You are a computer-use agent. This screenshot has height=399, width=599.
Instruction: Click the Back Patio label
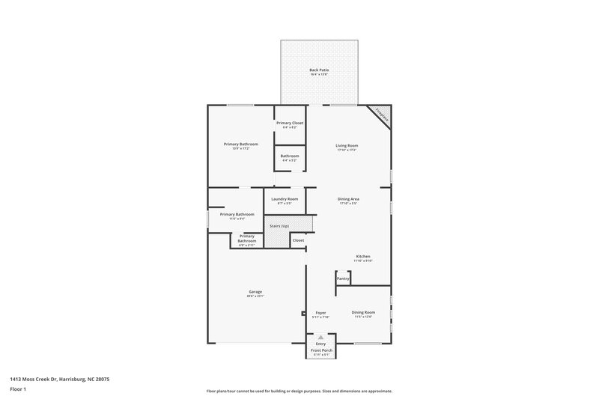[x=319, y=70]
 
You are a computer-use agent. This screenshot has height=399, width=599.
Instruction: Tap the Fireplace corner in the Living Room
[x=383, y=115]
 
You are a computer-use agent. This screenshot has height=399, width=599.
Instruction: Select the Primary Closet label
[x=289, y=123]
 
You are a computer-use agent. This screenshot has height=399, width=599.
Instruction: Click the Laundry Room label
[x=285, y=199]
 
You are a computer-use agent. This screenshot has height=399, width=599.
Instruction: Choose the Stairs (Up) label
[x=279, y=225]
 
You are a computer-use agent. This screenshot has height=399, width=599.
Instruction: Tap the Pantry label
[x=343, y=278]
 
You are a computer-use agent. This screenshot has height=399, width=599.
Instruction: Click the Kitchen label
[x=362, y=257]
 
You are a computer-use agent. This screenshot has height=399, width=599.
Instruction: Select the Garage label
[x=255, y=292]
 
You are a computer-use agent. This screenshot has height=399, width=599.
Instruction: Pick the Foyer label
[x=320, y=313]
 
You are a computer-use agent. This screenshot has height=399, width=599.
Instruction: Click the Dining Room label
[x=363, y=313]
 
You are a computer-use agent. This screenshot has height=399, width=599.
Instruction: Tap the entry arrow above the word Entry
[x=320, y=338]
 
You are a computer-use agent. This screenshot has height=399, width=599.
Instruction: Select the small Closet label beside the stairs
[x=298, y=240]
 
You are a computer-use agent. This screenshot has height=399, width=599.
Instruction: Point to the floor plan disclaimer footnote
[x=299, y=391]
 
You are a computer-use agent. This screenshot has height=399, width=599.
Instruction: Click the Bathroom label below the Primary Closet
[x=289, y=156]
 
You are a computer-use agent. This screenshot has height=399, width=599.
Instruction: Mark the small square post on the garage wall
[x=303, y=313]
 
